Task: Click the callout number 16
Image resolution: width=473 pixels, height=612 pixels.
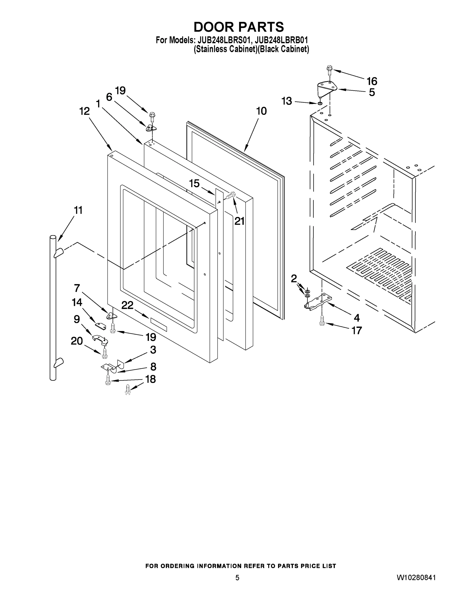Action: (372, 81)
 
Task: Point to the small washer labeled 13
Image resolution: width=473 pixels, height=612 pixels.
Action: (320, 104)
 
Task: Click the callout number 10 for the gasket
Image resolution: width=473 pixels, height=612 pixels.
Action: (261, 111)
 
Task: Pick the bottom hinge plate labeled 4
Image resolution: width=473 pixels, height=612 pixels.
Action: (318, 301)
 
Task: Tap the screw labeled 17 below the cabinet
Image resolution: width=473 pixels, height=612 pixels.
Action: (322, 320)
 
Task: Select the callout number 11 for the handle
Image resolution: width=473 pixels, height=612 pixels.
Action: (78, 210)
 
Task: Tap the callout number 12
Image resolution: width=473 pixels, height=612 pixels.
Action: (84, 111)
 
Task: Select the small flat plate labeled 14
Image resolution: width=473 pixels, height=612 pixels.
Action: (100, 326)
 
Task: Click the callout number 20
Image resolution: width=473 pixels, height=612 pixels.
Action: (76, 341)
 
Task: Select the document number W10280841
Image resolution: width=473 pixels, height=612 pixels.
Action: (416, 578)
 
